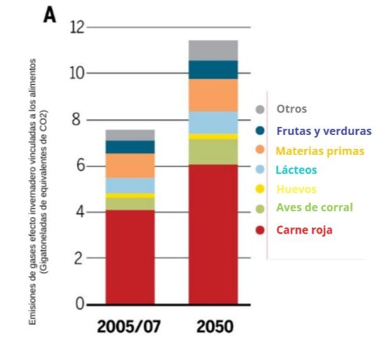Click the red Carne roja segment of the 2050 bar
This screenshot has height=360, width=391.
click(213, 234)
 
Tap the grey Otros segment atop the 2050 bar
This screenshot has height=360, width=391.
click(213, 50)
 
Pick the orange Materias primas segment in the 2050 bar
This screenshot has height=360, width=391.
click(213, 95)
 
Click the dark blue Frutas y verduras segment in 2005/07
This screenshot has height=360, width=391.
click(129, 147)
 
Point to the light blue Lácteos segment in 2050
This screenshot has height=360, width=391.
click(213, 122)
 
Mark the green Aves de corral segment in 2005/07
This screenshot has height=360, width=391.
click(129, 204)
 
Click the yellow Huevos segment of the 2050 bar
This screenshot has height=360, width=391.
click(213, 137)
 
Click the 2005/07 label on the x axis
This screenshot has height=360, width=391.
click(129, 327)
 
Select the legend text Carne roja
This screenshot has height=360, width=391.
click(304, 230)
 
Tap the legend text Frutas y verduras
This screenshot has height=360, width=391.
click(323, 131)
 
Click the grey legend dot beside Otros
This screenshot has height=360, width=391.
click(260, 110)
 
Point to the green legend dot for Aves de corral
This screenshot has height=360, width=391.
click(260, 208)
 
